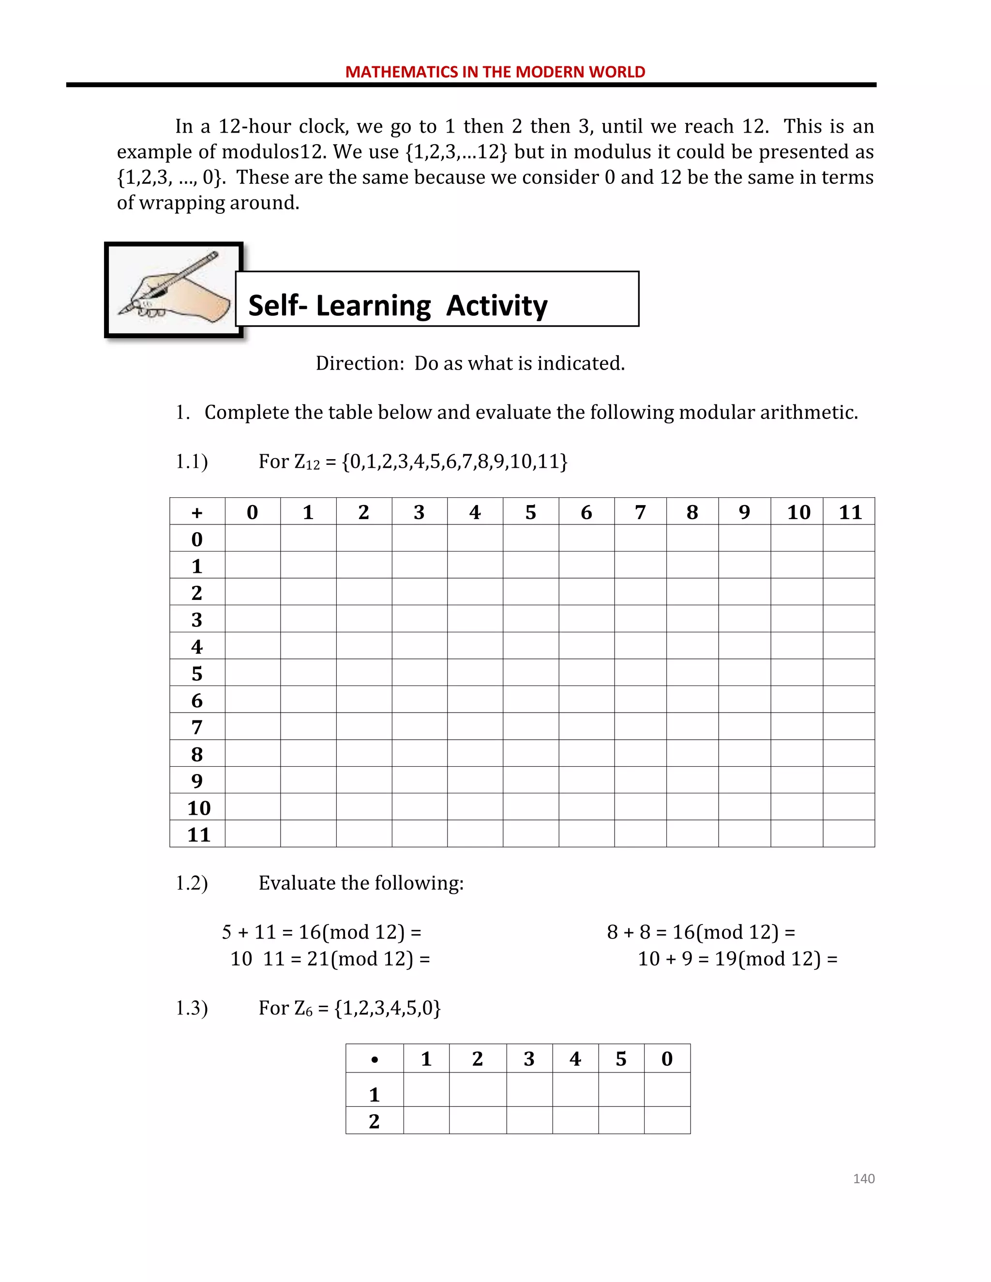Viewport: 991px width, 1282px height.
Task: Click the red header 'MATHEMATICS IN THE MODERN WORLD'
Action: (495, 72)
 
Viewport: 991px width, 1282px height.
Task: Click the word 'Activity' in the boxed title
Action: (496, 306)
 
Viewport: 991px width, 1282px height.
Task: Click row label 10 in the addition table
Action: (198, 808)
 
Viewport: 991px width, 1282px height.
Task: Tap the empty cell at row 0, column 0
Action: (253, 538)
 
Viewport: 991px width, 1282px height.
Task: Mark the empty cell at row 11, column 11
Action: (849, 834)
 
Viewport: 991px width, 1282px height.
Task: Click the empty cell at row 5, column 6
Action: (586, 673)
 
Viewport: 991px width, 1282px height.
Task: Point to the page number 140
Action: (863, 1178)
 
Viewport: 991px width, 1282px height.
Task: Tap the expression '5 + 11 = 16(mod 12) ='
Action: (321, 932)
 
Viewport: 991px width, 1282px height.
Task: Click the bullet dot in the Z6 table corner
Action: (375, 1059)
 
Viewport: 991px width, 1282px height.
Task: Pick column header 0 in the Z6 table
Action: (667, 1059)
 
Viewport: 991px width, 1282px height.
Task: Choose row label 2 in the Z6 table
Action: (374, 1121)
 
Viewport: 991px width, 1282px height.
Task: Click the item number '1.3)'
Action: (192, 1008)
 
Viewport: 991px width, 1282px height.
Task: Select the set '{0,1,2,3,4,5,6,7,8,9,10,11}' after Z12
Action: (454, 462)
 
